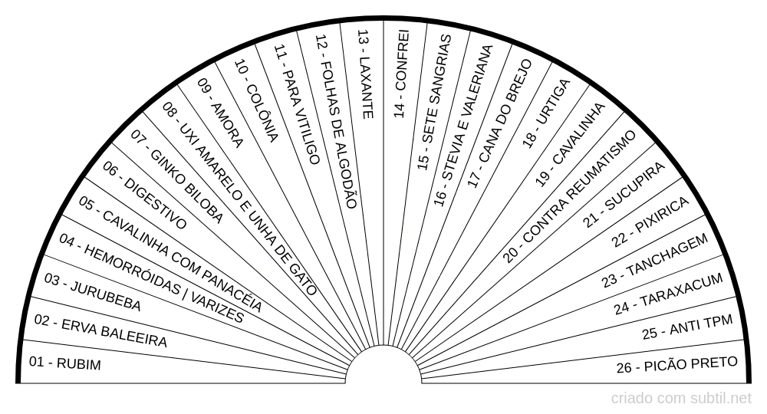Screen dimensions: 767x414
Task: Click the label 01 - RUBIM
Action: pyautogui.click(x=65, y=363)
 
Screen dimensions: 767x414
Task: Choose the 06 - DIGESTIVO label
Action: pyautogui.click(x=145, y=195)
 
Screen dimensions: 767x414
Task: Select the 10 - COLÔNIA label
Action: pyautogui.click(x=256, y=100)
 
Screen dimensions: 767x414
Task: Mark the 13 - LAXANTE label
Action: pyautogui.click(x=365, y=74)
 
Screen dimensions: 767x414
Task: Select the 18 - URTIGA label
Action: pyautogui.click(x=546, y=113)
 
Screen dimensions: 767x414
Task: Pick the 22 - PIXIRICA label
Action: pyautogui.click(x=650, y=222)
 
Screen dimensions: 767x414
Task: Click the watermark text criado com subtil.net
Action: pyautogui.click(x=681, y=399)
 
